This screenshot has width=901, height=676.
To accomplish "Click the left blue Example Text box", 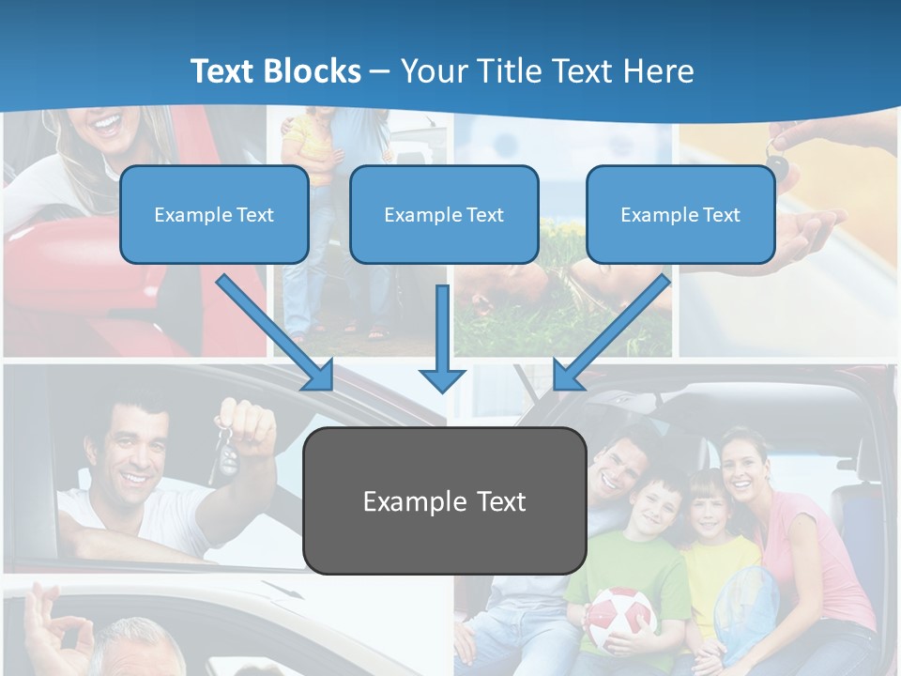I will tap(214, 214).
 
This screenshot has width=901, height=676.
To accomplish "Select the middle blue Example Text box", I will tap(444, 214).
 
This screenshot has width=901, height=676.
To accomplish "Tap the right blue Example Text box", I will tap(680, 214).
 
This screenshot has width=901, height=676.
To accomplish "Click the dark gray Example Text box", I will tap(444, 500).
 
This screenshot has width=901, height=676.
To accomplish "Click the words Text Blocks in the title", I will tap(275, 70).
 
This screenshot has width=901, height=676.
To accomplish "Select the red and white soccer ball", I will tap(619, 619).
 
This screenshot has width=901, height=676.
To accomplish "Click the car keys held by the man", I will tap(226, 451).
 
